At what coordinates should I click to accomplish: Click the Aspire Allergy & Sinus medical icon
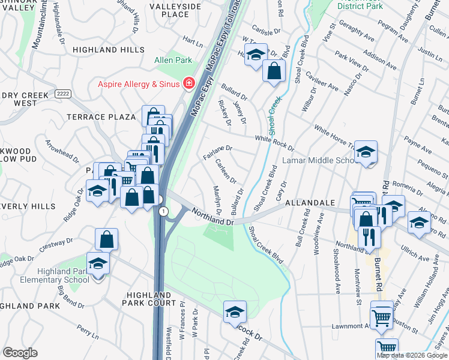click(x=188, y=83)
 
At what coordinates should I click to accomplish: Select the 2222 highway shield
click(x=62, y=94)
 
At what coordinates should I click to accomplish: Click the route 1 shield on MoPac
click(x=163, y=211)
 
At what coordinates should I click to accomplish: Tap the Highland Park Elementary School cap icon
click(x=98, y=263)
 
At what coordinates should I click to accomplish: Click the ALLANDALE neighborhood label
click(x=310, y=203)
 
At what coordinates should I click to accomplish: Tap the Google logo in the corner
click(x=20, y=352)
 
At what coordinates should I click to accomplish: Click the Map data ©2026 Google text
click(x=411, y=355)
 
